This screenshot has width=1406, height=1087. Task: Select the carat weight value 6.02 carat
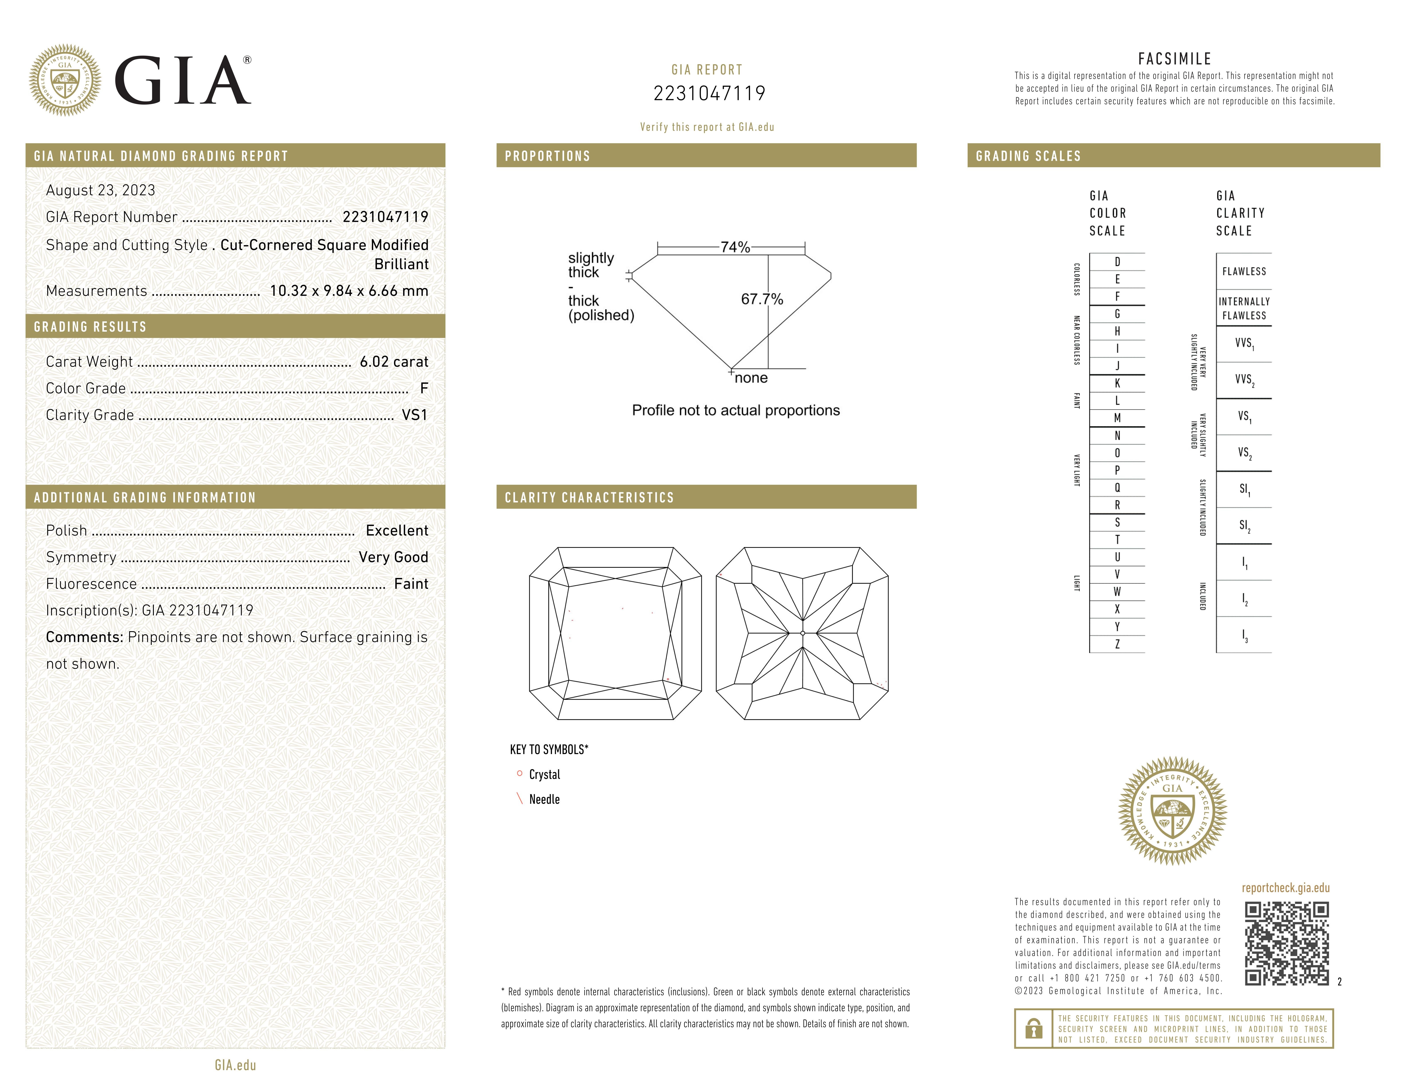coord(393,362)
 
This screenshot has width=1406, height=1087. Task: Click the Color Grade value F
coord(424,388)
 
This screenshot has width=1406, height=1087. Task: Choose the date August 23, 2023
coord(100,191)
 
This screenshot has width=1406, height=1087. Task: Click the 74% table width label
coord(735,247)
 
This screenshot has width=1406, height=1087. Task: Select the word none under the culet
coord(751,378)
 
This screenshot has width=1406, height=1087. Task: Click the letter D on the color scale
coord(1117,262)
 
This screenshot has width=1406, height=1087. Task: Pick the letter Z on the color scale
coord(1117,644)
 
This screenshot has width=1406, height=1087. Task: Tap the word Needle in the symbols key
coord(544,799)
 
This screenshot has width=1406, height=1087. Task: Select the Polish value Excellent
coord(396,531)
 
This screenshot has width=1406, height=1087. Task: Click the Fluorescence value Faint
coord(411,584)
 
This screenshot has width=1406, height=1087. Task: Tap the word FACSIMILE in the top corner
coord(1174,59)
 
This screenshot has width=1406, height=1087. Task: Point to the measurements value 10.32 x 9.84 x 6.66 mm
coord(348,291)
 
